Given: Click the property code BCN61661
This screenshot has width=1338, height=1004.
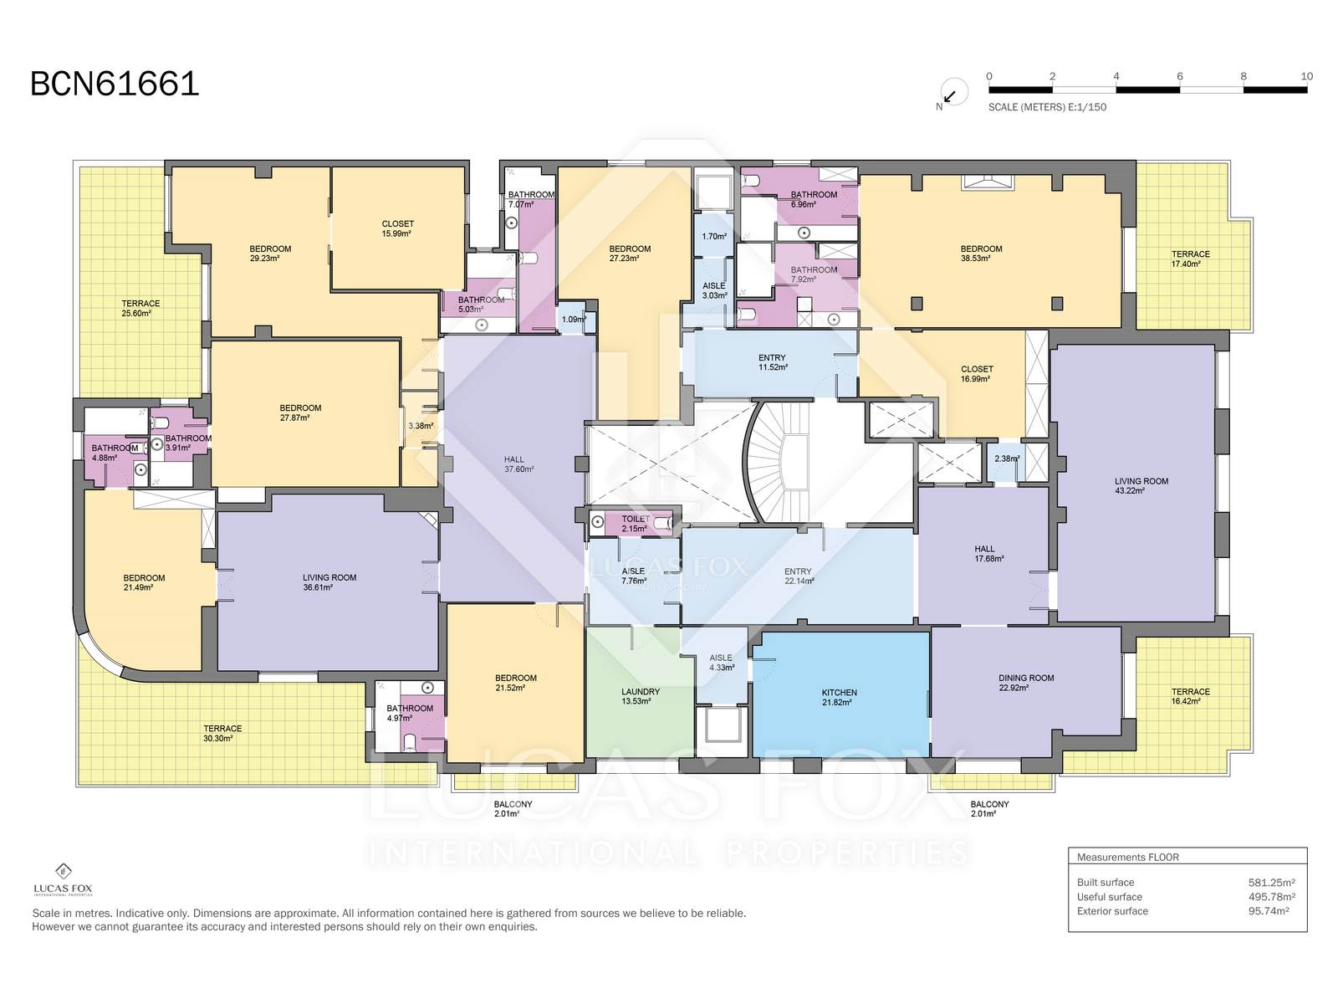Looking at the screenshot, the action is (115, 84).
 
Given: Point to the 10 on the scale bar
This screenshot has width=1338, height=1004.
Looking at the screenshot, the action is (1306, 76).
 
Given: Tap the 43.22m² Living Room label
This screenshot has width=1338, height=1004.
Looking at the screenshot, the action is (1141, 486).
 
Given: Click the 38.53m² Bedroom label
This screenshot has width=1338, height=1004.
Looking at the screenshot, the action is (981, 253).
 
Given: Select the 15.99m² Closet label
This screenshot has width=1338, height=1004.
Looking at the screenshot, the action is (397, 228).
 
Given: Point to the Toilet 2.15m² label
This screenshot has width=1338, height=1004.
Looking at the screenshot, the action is (636, 524).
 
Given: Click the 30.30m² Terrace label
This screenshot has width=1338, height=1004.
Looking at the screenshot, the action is (222, 734).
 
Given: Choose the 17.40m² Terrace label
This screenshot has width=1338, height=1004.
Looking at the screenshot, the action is (1190, 259).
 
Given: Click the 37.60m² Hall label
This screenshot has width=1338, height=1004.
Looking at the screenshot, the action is (518, 464).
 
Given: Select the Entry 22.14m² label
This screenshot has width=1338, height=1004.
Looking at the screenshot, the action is (799, 576).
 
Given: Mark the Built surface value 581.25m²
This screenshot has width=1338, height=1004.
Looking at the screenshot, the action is (1271, 882).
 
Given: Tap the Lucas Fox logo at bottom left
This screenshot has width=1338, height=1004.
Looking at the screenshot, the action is (64, 880).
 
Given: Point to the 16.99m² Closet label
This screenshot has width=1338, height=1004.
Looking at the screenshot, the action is (977, 374).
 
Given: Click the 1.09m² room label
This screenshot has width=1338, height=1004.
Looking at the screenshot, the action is (574, 320).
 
